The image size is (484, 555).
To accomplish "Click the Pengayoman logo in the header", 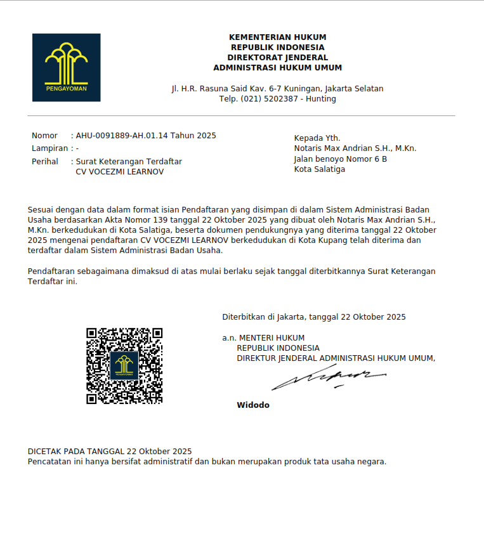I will (x=67, y=67).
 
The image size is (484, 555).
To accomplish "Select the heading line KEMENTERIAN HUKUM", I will (x=277, y=37).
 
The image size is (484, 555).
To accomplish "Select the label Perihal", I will (x=45, y=162).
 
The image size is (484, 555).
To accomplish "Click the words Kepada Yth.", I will (x=317, y=138).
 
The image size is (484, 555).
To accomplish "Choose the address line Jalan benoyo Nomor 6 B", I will (x=340, y=159).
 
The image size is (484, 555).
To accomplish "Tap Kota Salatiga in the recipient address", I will (x=320, y=169).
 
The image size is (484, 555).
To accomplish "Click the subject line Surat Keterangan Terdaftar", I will (x=129, y=162).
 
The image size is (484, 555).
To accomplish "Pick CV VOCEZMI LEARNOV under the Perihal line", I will (x=119, y=172).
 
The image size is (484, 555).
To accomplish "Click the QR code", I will (x=124, y=366).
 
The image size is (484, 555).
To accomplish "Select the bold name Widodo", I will (x=253, y=405).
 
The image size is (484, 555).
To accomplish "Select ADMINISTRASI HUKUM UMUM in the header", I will (x=277, y=68).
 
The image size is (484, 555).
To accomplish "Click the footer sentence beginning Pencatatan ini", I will (x=207, y=462).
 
